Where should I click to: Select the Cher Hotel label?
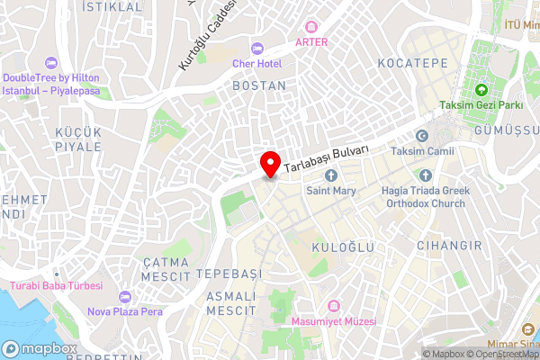click(256, 64)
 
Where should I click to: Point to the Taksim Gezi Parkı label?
click(481, 105)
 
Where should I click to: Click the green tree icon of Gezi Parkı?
click(481, 90)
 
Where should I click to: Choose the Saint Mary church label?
click(331, 191)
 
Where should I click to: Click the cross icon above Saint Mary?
click(331, 175)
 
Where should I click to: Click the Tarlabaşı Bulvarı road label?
click(327, 159)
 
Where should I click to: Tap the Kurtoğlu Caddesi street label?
click(208, 37)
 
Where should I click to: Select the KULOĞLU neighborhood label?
click(337, 247)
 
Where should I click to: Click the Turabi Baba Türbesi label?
click(56, 286)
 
